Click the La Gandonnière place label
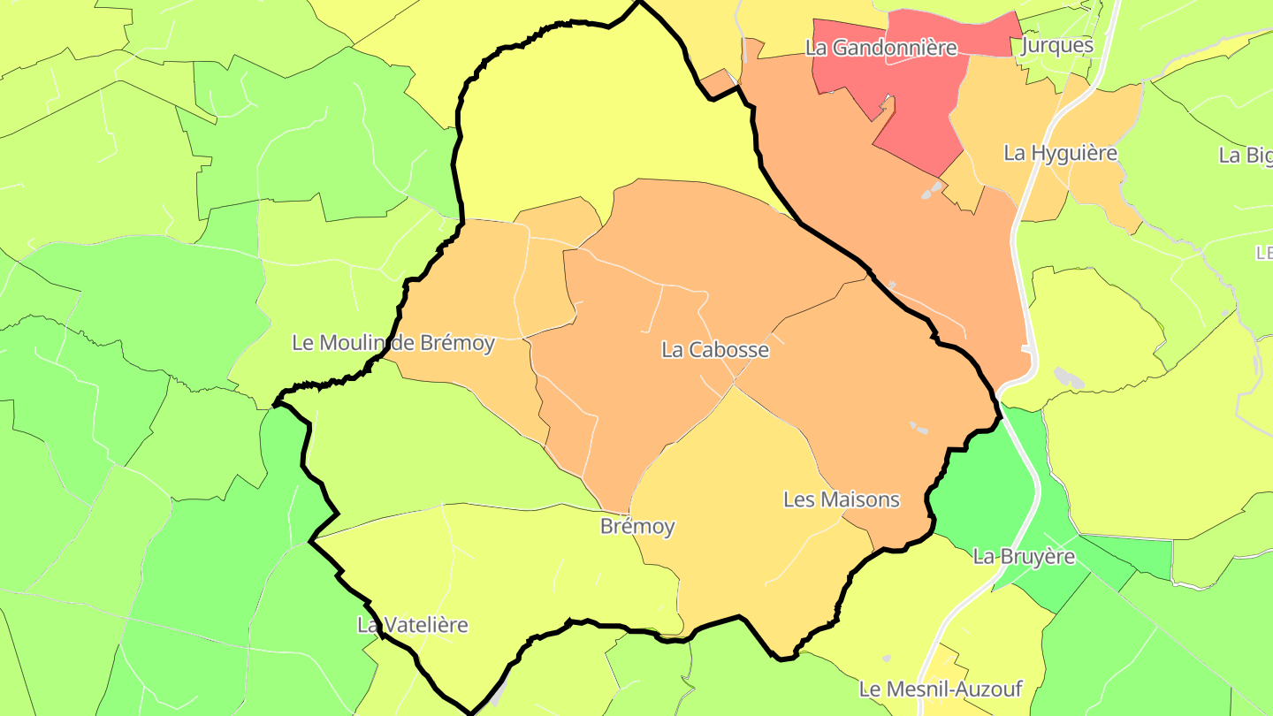coord(880,48)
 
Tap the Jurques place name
coord(1056,46)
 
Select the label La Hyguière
coord(1060,153)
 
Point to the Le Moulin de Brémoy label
coord(393,343)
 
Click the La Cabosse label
coord(715,350)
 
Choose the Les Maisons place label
coord(841,499)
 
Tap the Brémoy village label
coord(636,527)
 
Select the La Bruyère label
coord(1024,557)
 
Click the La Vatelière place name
coord(412,625)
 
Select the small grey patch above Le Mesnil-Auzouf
coord(887,659)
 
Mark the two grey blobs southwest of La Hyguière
coord(932,190)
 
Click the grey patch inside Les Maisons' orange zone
coord(919,429)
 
